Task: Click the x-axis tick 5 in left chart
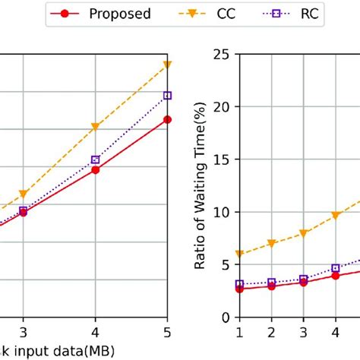(167, 333)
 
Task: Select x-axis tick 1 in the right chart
(239, 333)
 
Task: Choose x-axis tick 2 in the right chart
(271, 333)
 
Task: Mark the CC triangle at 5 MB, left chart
(167, 66)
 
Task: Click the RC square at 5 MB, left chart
(167, 96)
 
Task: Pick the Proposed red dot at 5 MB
(167, 119)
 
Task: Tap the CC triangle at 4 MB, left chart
(95, 127)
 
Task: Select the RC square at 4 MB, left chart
(95, 159)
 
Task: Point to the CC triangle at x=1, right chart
(239, 254)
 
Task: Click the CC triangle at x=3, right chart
(303, 233)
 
